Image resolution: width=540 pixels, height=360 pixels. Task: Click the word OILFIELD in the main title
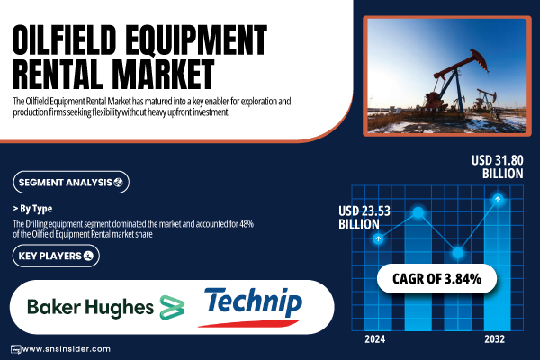[65, 40]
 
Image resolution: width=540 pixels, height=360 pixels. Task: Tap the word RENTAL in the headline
[58, 74]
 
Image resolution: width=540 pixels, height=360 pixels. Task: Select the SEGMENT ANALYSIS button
[71, 182]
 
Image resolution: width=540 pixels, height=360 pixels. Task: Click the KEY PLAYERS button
[56, 256]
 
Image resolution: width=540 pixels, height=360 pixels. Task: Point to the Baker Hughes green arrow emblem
[172, 307]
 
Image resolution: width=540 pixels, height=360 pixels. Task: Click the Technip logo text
[254, 301]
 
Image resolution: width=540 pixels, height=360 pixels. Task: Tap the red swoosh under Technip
[248, 323]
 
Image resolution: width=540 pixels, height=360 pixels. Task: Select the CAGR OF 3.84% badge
[436, 279]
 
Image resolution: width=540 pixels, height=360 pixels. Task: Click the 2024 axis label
[375, 339]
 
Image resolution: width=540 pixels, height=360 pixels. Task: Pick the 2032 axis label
[494, 339]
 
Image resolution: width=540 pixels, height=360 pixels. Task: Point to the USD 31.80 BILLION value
[498, 166]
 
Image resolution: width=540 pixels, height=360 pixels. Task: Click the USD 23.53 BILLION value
[364, 218]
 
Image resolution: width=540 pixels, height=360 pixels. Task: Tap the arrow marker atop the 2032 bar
[498, 199]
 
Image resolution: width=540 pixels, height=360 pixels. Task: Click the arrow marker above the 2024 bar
[379, 238]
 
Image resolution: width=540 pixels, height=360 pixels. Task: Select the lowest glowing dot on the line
[458, 253]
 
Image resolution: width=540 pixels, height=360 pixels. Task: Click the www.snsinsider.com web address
[67, 349]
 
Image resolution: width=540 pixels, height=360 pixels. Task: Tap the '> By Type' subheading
[32, 209]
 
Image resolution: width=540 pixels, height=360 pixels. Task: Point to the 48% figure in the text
[247, 224]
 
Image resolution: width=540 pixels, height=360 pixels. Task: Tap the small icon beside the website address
[16, 349]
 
